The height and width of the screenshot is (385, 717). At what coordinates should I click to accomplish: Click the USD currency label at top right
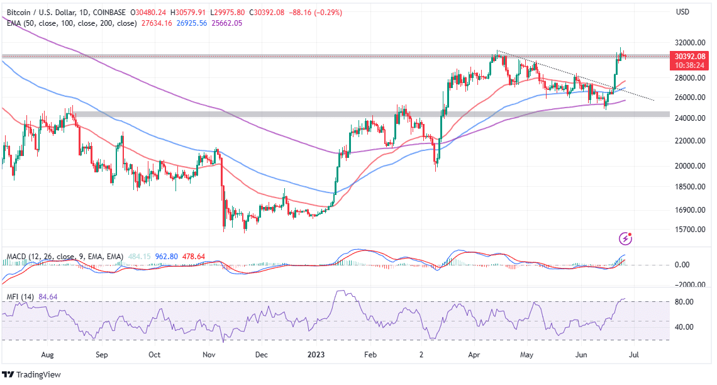click(683, 12)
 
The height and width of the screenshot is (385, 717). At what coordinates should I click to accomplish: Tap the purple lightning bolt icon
click(626, 238)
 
